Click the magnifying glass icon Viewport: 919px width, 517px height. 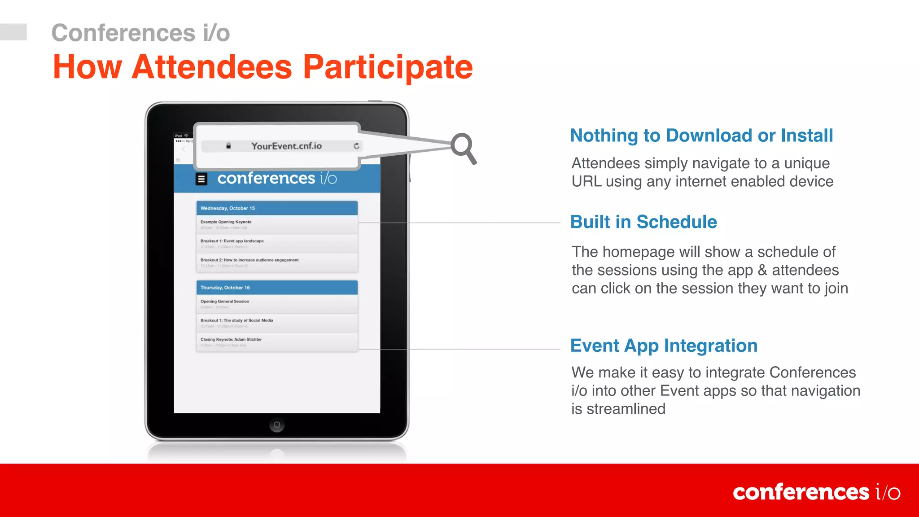click(x=463, y=147)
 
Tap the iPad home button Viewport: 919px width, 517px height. click(x=277, y=425)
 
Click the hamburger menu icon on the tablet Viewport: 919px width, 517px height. click(x=201, y=179)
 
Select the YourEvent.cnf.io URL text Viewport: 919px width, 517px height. click(x=286, y=146)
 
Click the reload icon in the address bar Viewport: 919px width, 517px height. click(x=356, y=146)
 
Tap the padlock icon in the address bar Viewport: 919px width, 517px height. click(x=228, y=146)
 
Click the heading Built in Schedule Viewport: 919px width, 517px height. click(x=643, y=222)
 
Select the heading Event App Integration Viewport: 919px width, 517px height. click(x=664, y=346)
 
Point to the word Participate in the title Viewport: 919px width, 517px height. click(x=388, y=67)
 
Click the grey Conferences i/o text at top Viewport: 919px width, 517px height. click(x=140, y=33)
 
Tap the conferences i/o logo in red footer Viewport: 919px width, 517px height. click(x=816, y=492)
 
